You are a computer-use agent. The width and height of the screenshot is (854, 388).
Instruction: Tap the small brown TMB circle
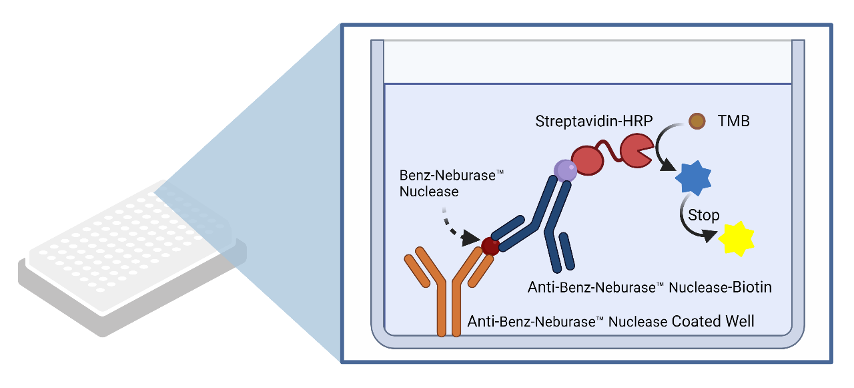(697, 121)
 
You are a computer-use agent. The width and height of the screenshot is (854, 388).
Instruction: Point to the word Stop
(703, 215)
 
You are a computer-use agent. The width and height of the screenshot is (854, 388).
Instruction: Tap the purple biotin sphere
(564, 170)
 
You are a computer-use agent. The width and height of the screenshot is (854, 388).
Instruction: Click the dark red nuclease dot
(490, 246)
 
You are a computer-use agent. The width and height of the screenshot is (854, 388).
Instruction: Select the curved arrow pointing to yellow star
(692, 227)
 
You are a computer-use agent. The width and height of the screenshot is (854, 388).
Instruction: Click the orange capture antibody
(446, 287)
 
